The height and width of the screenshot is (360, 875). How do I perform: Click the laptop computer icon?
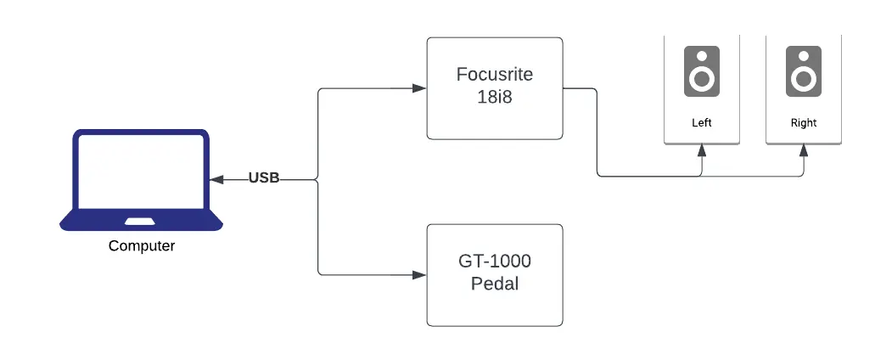tap(141, 180)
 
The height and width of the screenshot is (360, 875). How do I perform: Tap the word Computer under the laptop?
tap(142, 246)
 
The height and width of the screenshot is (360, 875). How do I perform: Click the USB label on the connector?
tap(264, 178)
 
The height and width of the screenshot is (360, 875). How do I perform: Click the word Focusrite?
tap(494, 74)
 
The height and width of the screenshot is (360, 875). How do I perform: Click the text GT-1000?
tap(494, 262)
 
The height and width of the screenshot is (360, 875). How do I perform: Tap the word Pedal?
tap(494, 284)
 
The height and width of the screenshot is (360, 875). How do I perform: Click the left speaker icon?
tap(701, 71)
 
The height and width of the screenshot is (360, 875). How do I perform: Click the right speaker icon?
tap(803, 71)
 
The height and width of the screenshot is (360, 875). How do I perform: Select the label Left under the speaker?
tap(701, 123)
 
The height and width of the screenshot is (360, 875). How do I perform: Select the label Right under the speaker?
tap(803, 123)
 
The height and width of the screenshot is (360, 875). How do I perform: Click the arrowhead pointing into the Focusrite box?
tap(419, 88)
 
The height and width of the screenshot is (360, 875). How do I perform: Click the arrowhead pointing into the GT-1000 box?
tap(419, 275)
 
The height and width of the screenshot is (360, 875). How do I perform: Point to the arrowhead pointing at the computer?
tap(215, 179)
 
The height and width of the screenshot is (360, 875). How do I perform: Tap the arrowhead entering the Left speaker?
tap(702, 150)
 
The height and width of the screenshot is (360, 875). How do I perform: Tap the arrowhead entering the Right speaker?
tap(804, 150)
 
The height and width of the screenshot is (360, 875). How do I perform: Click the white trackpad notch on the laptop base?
tap(141, 222)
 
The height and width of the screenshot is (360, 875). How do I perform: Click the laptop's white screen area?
tap(141, 174)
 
